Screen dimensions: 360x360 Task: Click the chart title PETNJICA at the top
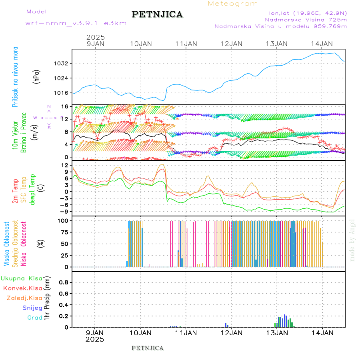(x=157, y=14)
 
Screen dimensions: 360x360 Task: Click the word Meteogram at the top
(x=233, y=4)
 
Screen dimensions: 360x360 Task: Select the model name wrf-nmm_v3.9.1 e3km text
(x=76, y=23)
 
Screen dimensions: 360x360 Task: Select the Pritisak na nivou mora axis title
(x=15, y=77)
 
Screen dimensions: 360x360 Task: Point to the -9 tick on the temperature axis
(x=64, y=211)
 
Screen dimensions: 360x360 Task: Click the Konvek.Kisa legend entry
(x=22, y=288)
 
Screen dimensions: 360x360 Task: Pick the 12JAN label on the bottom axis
(x=231, y=332)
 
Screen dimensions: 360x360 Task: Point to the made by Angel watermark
(x=352, y=240)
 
